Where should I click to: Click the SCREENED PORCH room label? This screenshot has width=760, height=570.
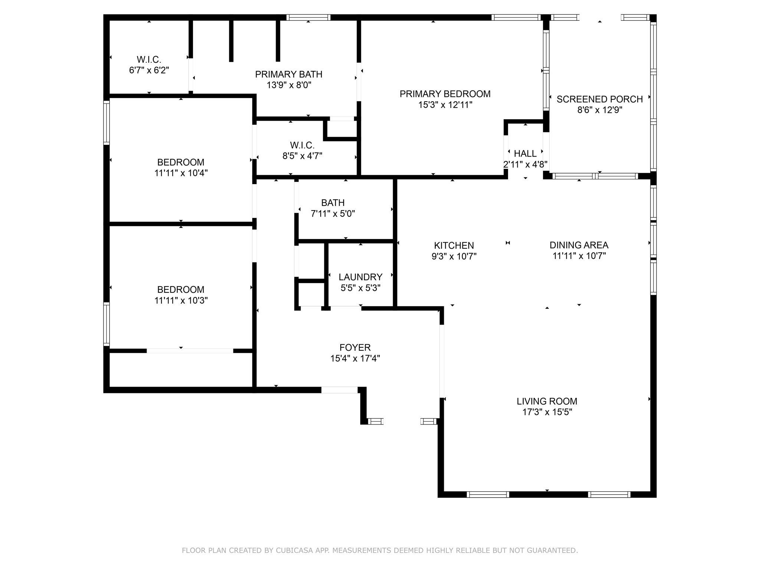(x=599, y=99)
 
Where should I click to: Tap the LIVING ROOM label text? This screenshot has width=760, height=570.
(x=547, y=401)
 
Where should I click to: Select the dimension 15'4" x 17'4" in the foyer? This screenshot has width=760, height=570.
(x=355, y=358)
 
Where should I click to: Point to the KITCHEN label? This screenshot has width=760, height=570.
(x=454, y=245)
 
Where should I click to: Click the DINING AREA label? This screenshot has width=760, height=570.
(x=579, y=245)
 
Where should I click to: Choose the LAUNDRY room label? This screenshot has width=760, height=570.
(x=360, y=277)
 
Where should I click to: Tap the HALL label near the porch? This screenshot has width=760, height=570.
(x=525, y=153)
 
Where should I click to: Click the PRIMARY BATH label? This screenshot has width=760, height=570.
(x=289, y=74)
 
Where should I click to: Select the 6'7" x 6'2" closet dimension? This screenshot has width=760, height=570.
(x=149, y=70)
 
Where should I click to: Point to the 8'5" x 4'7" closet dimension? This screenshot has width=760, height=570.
(x=302, y=156)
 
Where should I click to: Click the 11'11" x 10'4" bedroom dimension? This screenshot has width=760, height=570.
(x=181, y=173)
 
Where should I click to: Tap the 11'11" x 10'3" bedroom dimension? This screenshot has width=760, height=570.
(x=181, y=300)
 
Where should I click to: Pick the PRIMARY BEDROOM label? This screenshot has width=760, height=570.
(x=445, y=94)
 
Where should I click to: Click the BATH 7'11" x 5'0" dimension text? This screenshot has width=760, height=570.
(x=333, y=214)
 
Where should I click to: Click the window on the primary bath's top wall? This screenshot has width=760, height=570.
(x=308, y=17)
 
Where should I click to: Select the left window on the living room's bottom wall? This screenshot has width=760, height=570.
(x=488, y=494)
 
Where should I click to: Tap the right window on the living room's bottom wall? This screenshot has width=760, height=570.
(x=609, y=494)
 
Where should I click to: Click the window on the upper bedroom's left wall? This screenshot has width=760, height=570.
(x=107, y=122)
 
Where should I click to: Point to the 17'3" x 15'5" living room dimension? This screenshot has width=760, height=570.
(x=547, y=412)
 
